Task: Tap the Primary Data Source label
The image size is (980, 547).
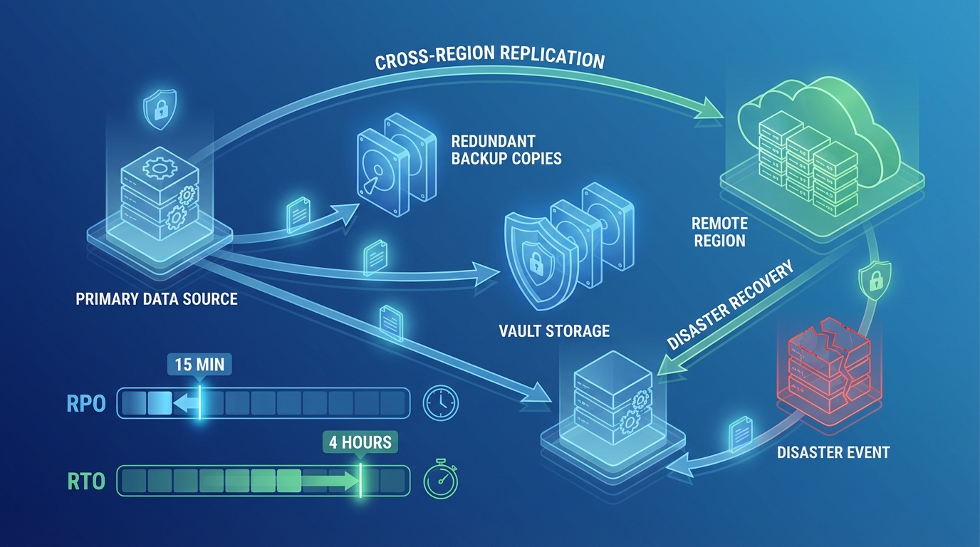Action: pos(157,298)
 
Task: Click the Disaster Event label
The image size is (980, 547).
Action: pos(833,452)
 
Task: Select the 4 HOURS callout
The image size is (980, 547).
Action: pos(360,442)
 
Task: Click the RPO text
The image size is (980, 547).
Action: pos(86,404)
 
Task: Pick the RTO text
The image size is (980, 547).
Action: pos(86,481)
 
